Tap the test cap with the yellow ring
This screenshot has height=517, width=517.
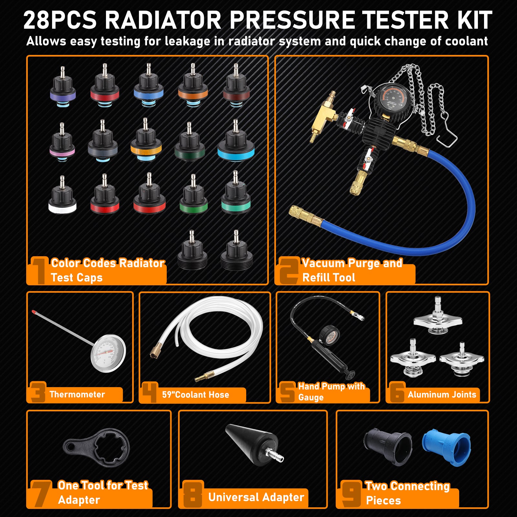146,142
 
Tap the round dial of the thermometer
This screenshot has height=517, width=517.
108,353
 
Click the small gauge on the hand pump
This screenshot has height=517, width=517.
330,336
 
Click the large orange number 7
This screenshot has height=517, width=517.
41,493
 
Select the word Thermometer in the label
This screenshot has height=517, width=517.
77,394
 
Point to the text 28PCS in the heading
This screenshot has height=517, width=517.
60,20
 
